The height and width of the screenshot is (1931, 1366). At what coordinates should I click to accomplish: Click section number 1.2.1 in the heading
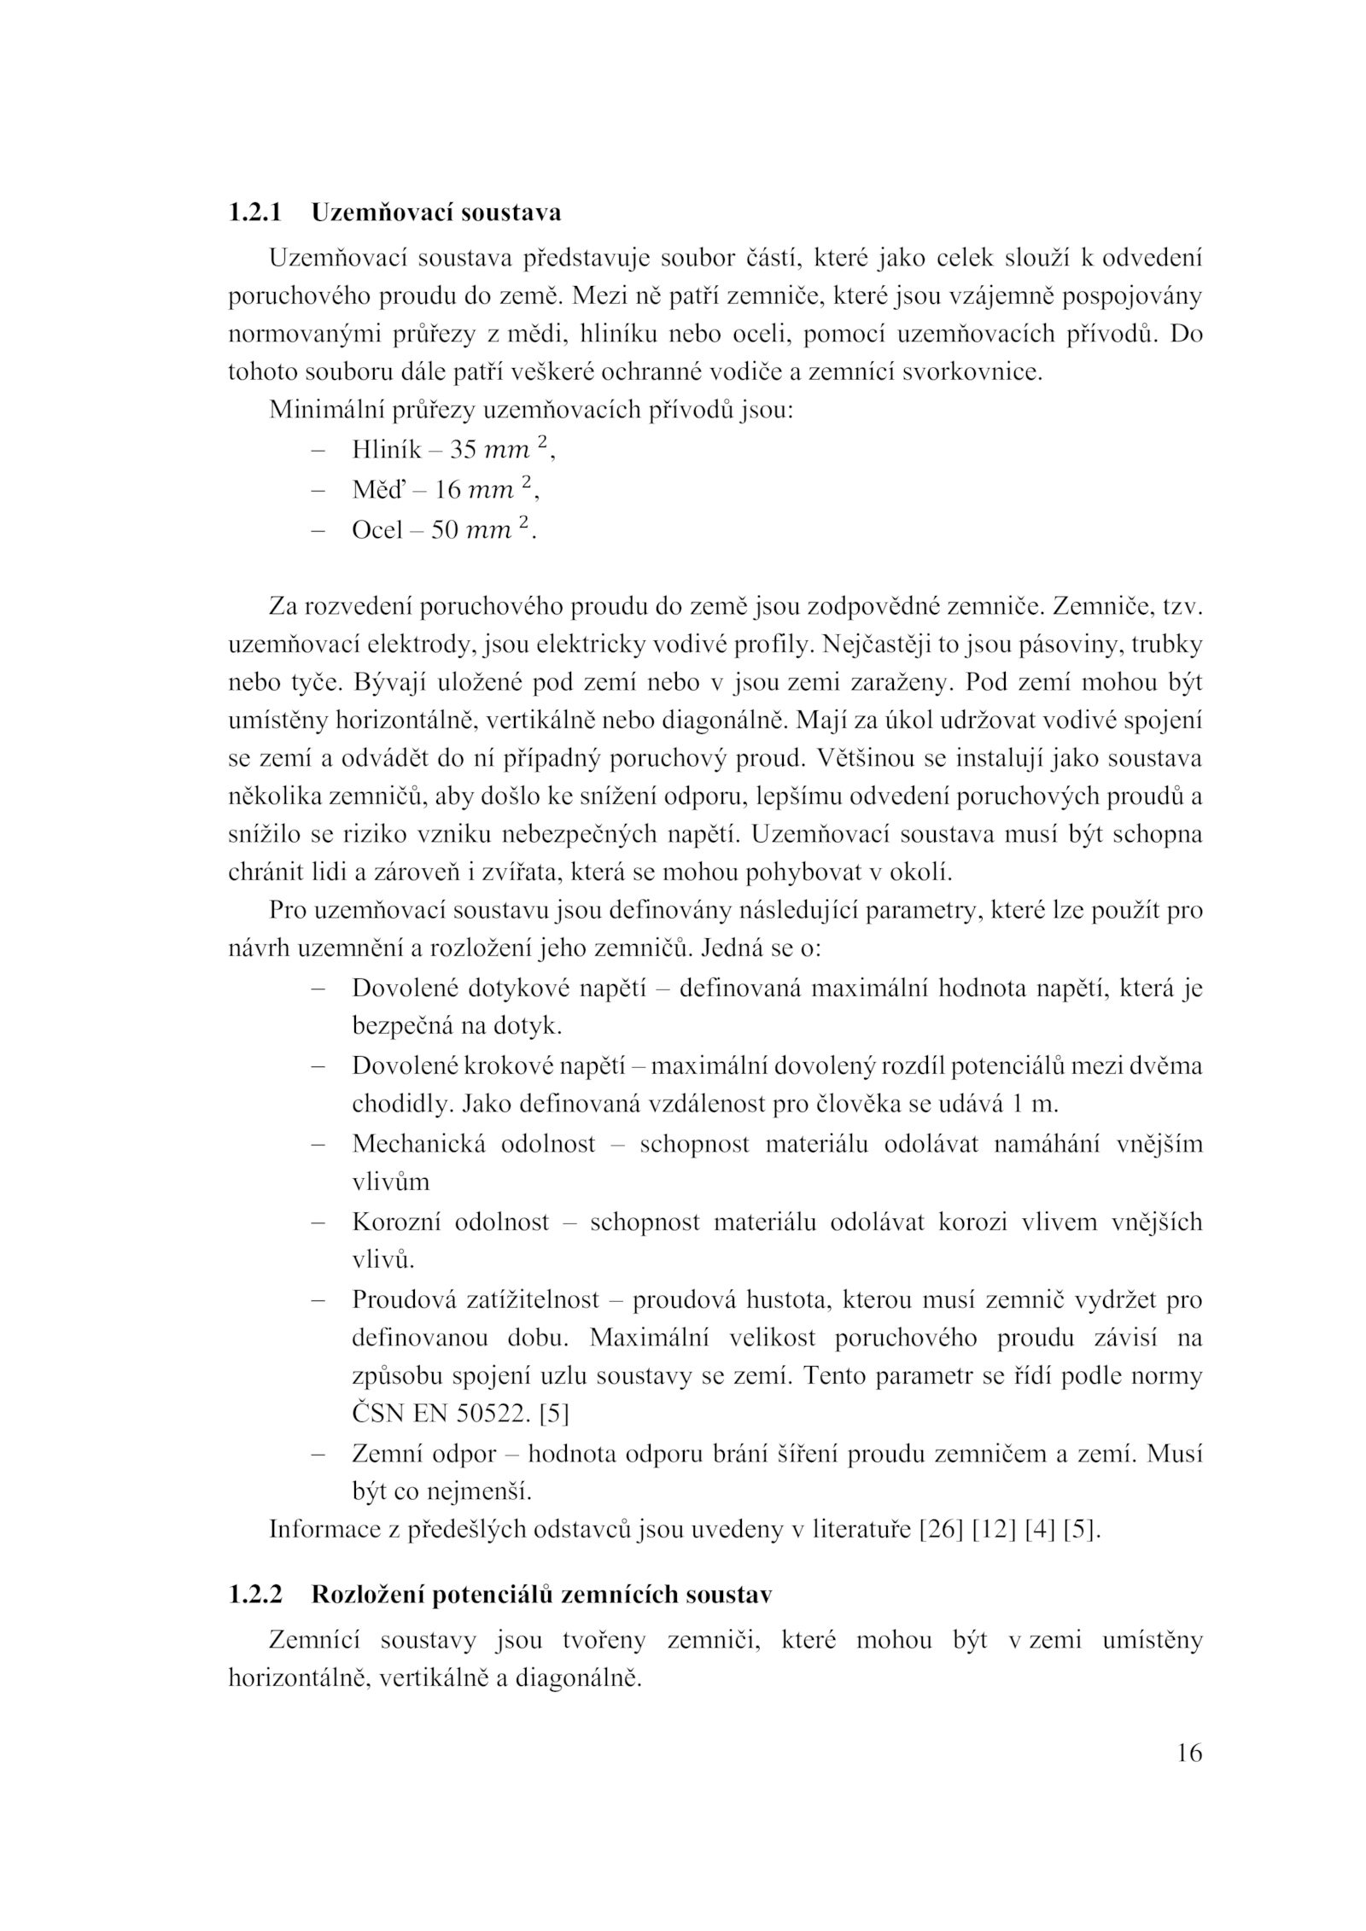click(x=254, y=212)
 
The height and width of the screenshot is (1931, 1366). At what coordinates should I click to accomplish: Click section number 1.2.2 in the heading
click(x=254, y=1594)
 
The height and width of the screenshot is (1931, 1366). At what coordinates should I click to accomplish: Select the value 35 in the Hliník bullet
click(x=462, y=450)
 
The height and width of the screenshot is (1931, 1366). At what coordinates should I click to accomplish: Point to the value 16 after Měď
click(x=447, y=490)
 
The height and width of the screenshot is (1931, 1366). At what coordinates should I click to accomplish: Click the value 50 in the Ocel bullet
click(x=444, y=530)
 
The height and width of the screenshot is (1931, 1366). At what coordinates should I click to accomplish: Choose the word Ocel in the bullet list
click(x=377, y=530)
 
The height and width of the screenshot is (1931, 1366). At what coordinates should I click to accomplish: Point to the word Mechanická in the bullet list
click(x=418, y=1144)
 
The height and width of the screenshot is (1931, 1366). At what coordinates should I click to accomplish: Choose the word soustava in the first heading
click(x=511, y=212)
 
